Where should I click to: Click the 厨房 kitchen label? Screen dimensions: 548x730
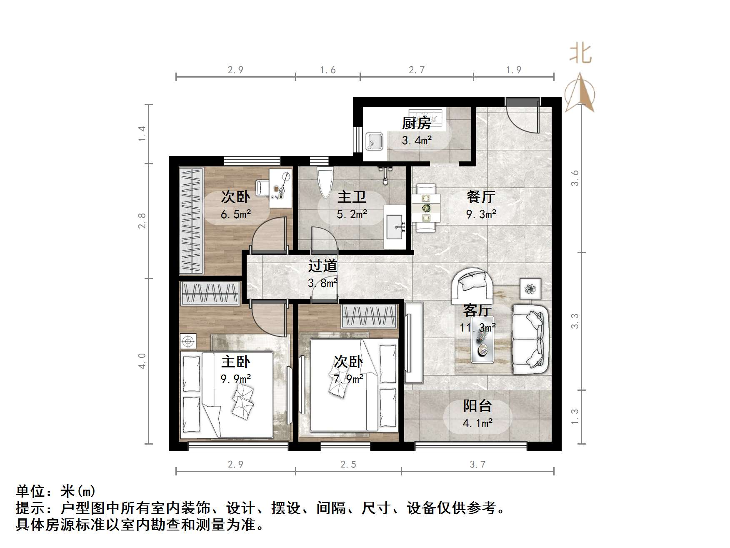click(416, 123)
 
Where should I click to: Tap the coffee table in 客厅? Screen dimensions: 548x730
click(482, 339)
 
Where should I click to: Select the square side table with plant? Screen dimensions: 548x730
click(530, 288)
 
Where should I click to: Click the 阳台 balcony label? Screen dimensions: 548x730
click(477, 406)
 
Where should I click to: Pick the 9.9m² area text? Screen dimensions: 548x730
click(235, 379)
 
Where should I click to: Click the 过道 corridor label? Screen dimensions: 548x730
click(322, 266)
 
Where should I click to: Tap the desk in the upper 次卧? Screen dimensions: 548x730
click(280, 188)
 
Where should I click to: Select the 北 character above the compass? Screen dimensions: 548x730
click(580, 54)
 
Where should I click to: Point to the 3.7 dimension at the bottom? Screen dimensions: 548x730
click(477, 464)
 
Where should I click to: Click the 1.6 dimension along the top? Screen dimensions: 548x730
click(327, 70)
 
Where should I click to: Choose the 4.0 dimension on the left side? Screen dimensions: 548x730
click(142, 361)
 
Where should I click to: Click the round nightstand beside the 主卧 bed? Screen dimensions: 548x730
click(188, 342)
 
